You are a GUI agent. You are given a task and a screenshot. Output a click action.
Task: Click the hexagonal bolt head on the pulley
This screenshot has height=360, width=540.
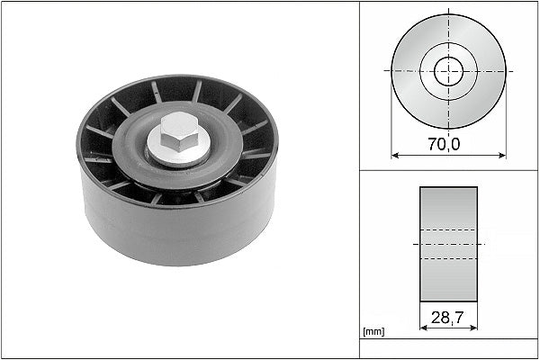pyautogui.click(x=179, y=131)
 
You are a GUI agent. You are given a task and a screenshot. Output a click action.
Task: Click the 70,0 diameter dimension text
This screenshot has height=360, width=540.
pyautogui.click(x=444, y=144)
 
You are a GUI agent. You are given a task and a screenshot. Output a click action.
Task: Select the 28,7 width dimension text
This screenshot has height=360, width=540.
pyautogui.click(x=447, y=318)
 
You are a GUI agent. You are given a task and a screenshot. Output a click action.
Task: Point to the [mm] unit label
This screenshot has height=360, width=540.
pyautogui.click(x=373, y=332)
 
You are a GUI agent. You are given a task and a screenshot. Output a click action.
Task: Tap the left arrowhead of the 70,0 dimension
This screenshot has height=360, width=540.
pyautogui.click(x=395, y=156)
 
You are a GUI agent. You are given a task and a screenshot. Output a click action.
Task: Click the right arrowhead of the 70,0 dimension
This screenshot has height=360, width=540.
pyautogui.click(x=502, y=156)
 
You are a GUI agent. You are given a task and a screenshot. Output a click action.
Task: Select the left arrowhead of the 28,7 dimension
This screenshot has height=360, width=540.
pyautogui.click(x=424, y=328)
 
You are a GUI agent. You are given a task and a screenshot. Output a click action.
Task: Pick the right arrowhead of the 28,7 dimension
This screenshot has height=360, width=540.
pyautogui.click(x=474, y=328)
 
